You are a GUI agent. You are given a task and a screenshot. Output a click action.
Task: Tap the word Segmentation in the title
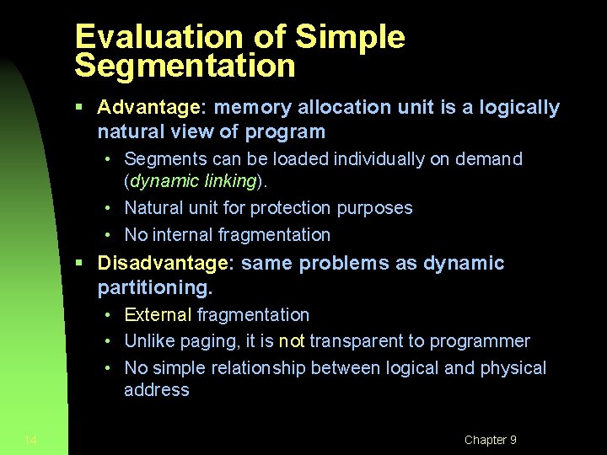(185, 67)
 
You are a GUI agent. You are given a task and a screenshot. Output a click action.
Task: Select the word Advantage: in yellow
(153, 108)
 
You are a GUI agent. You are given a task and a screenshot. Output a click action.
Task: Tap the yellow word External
(158, 315)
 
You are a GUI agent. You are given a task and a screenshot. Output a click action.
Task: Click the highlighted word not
(292, 341)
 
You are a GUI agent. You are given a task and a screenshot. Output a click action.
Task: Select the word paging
(201, 341)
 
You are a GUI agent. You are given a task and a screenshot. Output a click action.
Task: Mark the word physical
(513, 368)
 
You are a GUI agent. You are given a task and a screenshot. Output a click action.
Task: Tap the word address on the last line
(157, 390)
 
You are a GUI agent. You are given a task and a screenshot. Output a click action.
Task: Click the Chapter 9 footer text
(490, 440)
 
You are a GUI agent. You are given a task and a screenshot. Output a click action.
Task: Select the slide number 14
(30, 440)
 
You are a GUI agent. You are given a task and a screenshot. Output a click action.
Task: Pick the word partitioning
(155, 287)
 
